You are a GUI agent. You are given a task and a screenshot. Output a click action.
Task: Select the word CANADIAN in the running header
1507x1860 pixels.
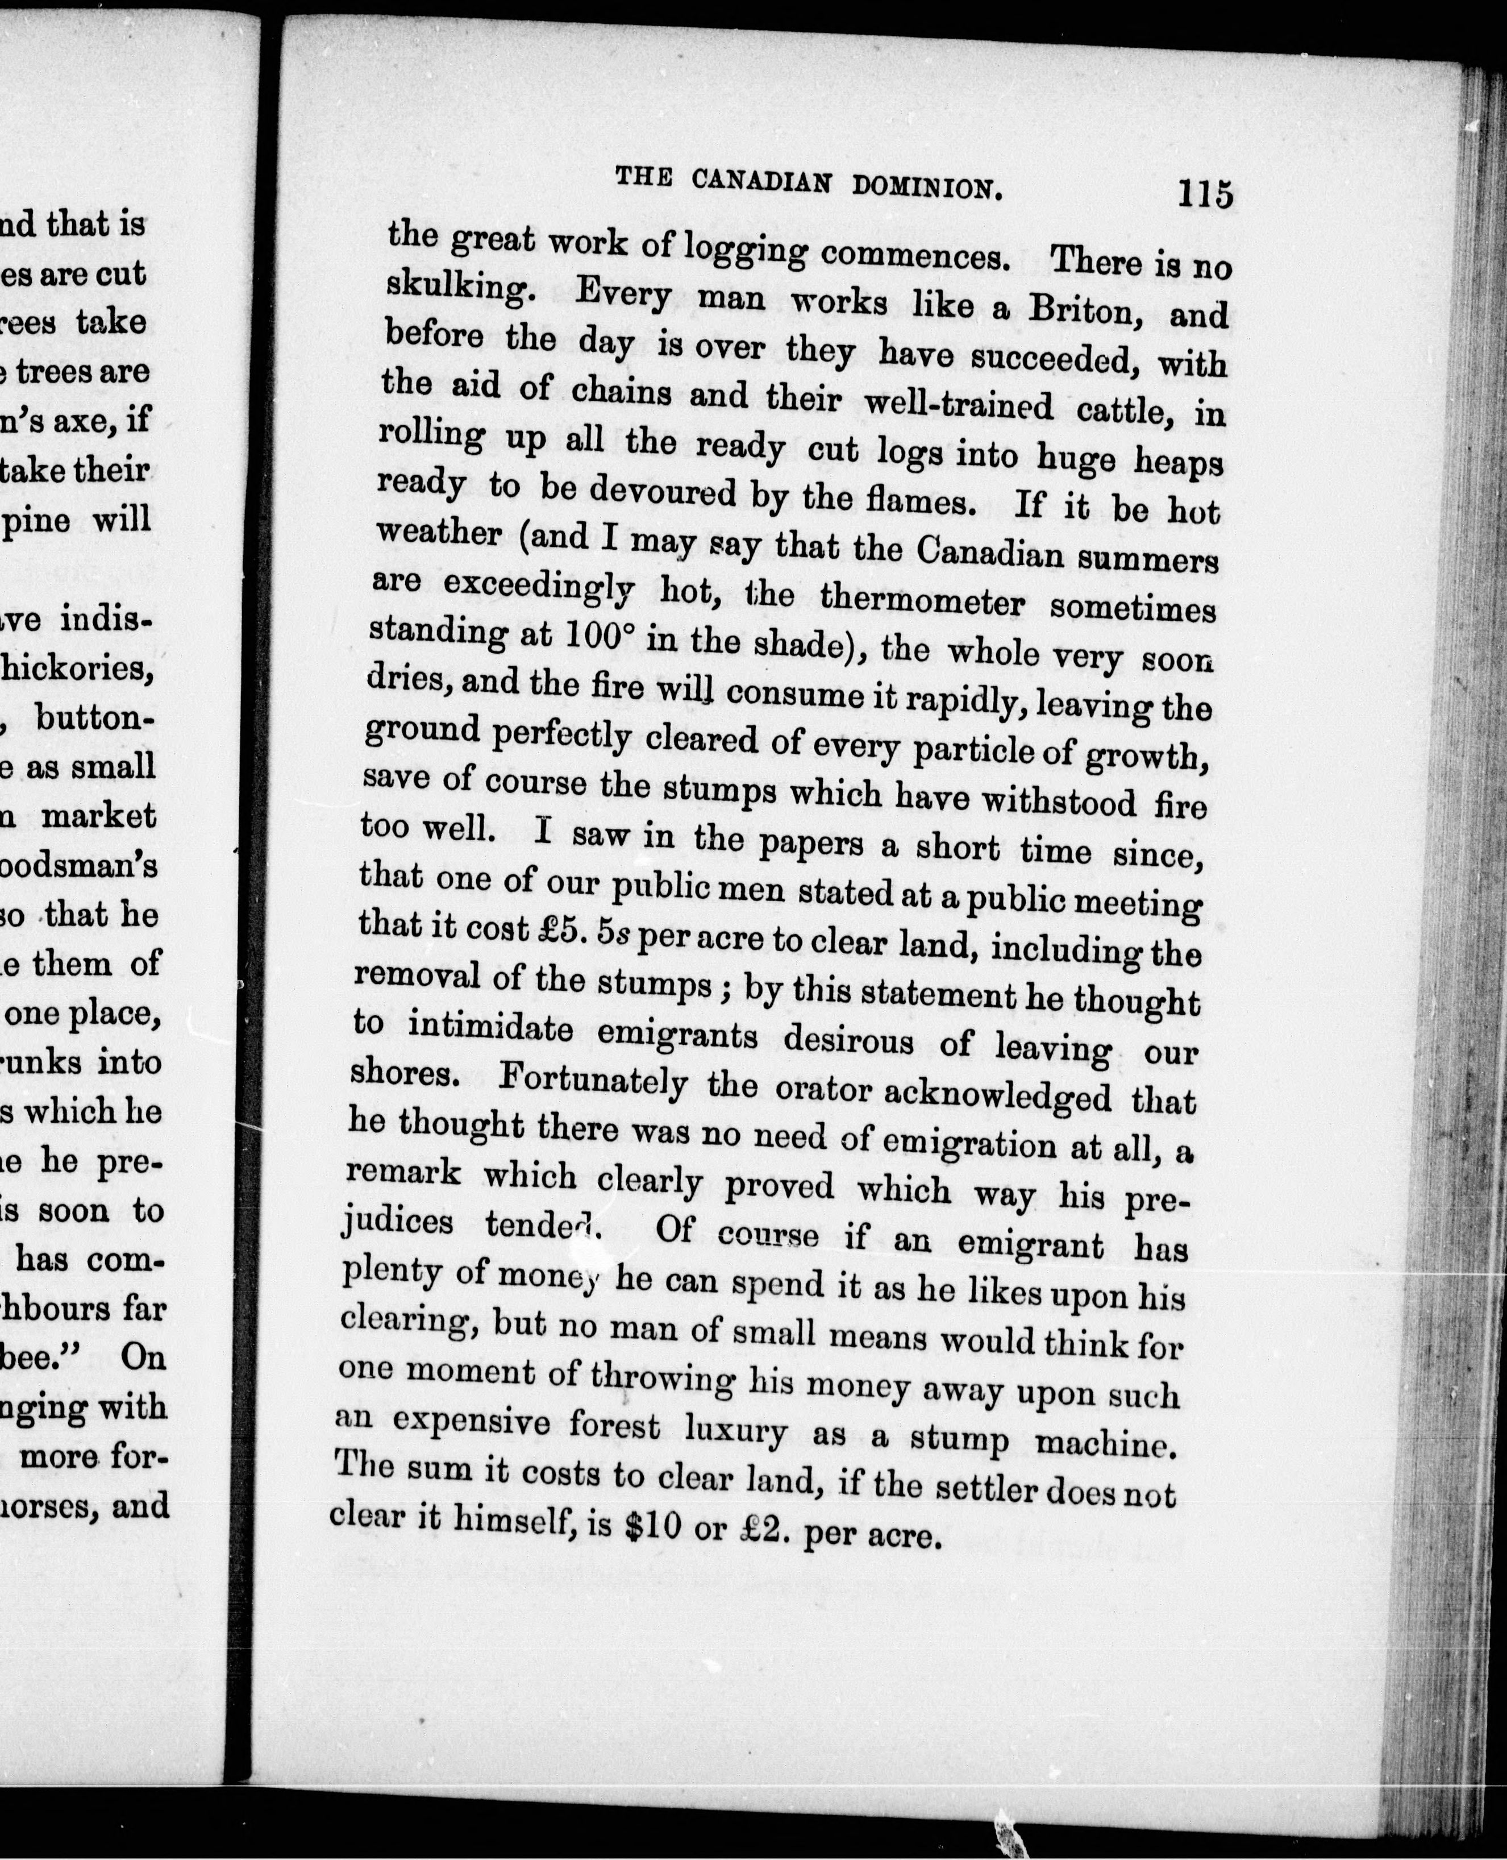coord(761,182)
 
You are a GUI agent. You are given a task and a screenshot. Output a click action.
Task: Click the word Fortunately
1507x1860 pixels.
coord(594,1081)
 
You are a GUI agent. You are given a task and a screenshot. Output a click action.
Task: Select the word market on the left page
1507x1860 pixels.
coord(99,816)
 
